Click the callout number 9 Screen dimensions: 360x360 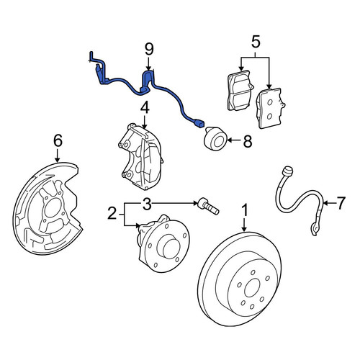click(x=149, y=50)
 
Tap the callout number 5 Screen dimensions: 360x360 click(x=256, y=42)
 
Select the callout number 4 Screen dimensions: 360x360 click(x=144, y=108)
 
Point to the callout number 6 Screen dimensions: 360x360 click(x=58, y=140)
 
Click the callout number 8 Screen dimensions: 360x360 click(x=248, y=141)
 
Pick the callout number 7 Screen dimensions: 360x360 click(x=341, y=203)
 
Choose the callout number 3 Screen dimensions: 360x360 click(x=147, y=204)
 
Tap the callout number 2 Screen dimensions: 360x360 click(x=112, y=213)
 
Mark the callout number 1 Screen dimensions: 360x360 click(x=245, y=210)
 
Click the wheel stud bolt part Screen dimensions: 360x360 click(x=208, y=207)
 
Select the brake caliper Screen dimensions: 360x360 click(x=141, y=157)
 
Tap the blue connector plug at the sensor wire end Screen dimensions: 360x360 click(x=200, y=123)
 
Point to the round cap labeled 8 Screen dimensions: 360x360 click(x=215, y=140)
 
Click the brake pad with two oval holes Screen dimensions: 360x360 click(x=270, y=109)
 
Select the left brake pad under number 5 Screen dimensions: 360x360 click(x=240, y=91)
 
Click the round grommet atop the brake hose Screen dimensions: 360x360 click(x=288, y=171)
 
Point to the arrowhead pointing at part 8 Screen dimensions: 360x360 click(x=229, y=140)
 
